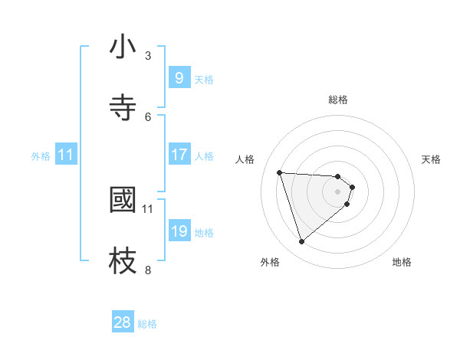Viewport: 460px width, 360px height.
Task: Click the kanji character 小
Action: tap(123, 47)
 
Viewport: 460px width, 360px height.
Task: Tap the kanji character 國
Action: tap(123, 200)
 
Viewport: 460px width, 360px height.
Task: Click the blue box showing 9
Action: tap(179, 77)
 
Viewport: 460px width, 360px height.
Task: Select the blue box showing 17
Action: tap(179, 155)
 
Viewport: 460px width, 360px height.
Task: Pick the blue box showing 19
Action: tap(179, 231)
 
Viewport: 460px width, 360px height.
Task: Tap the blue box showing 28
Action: tap(123, 322)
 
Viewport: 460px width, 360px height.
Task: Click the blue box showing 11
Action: tap(66, 155)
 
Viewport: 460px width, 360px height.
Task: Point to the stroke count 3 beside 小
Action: tap(148, 55)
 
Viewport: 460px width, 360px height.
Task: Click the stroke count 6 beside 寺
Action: tap(148, 116)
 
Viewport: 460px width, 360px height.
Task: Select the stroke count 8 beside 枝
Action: tap(148, 270)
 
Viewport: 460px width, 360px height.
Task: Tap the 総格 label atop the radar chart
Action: tap(338, 100)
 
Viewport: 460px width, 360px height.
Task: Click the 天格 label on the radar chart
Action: tap(432, 159)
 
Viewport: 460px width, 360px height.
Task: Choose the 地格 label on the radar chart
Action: tap(402, 262)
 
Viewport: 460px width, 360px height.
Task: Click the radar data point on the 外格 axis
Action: tap(301, 242)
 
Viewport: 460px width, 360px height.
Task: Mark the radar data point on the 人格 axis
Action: tap(280, 172)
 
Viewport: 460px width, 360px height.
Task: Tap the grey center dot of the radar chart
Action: tap(338, 191)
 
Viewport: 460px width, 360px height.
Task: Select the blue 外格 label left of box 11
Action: tap(41, 155)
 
